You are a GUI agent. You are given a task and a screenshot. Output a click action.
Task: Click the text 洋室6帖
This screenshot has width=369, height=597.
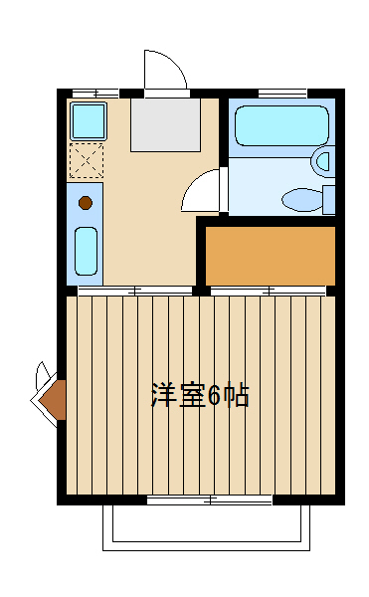[199, 395]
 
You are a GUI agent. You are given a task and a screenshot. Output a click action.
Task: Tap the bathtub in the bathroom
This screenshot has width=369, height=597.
[280, 126]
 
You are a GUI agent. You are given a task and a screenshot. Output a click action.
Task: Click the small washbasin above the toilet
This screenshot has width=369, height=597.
[322, 160]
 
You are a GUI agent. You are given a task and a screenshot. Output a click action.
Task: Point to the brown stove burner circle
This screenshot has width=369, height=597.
[86, 203]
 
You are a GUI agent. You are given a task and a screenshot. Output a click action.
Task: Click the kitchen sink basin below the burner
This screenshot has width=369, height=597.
[86, 252]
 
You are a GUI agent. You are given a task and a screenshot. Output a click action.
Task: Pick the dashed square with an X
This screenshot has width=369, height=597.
[87, 160]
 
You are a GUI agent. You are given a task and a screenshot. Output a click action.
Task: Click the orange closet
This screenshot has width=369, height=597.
[270, 256]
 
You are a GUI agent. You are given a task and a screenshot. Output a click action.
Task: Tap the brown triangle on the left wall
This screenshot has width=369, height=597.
[54, 400]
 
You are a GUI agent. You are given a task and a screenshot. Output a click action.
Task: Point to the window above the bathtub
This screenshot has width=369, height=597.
[281, 93]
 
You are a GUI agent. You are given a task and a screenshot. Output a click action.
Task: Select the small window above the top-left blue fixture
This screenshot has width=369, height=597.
[90, 93]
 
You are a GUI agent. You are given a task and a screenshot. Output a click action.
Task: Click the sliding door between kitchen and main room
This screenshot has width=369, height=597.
[135, 291]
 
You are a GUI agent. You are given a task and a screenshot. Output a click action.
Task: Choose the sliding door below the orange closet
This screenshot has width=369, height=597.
[269, 291]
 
